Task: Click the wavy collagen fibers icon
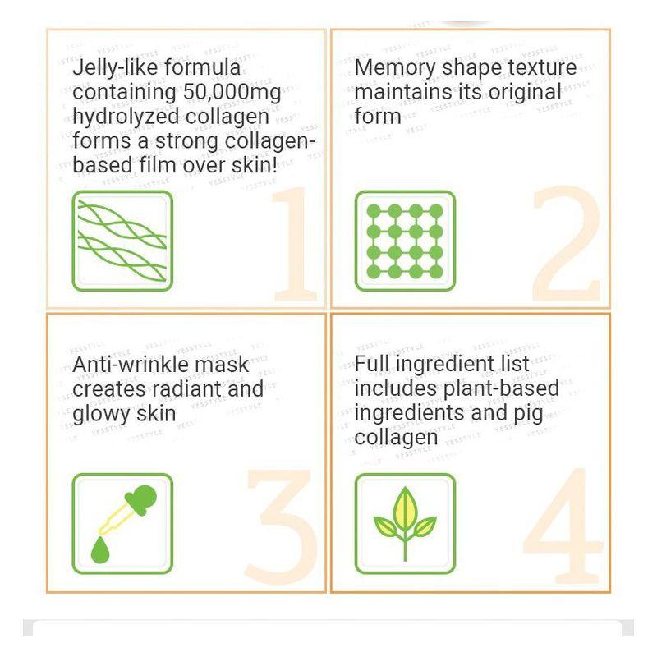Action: click(122, 241)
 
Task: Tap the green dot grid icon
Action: click(405, 241)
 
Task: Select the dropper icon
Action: click(122, 523)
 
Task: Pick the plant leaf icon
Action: click(405, 523)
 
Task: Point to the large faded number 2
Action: click(567, 244)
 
